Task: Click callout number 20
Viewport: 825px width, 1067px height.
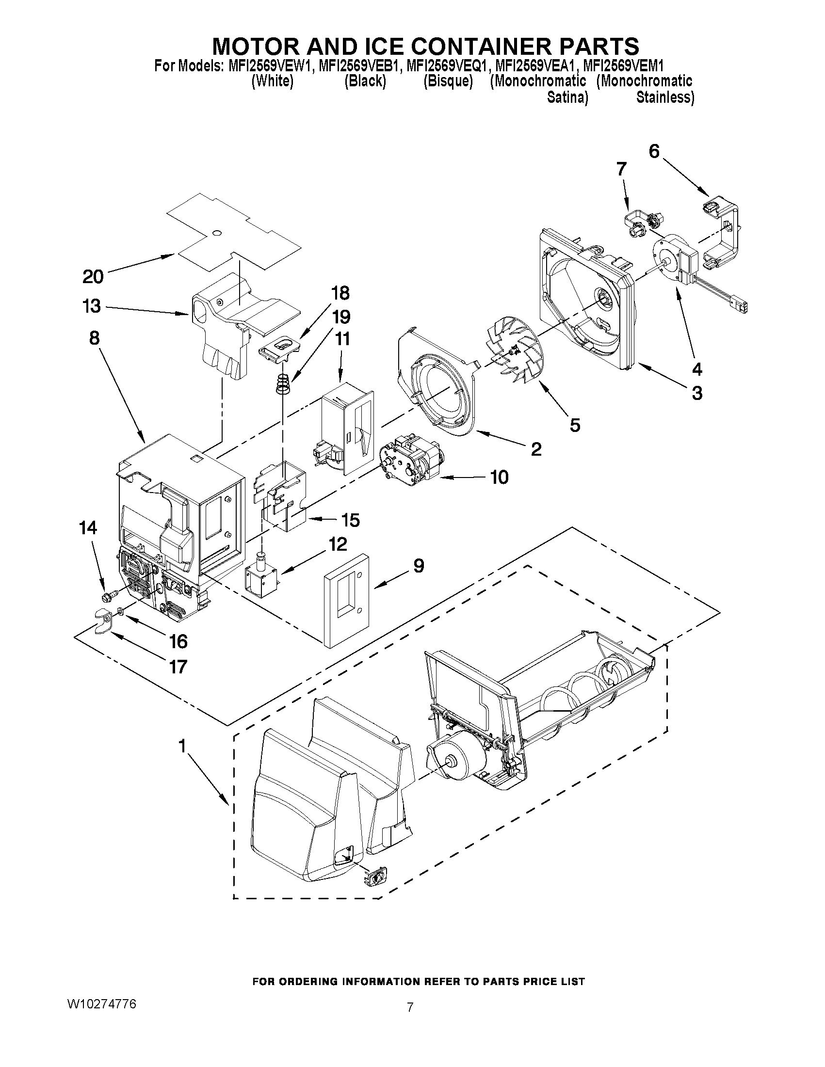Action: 93,277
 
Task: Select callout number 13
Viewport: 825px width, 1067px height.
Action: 92,306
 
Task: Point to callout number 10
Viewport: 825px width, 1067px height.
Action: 499,477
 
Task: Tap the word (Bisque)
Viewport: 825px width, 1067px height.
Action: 448,81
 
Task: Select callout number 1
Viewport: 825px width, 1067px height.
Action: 182,746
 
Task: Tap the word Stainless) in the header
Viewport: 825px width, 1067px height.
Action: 665,97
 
